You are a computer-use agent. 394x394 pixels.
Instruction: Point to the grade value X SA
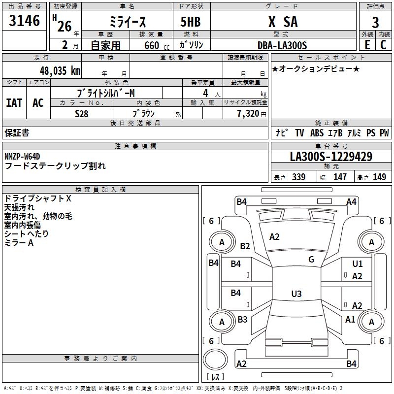pos(282,22)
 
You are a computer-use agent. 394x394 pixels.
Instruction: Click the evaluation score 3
pos(375,23)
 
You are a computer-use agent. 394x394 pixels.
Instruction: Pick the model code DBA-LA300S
pos(282,45)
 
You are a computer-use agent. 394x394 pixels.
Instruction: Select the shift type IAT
pos(14,103)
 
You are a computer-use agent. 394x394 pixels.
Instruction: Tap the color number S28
pos(82,113)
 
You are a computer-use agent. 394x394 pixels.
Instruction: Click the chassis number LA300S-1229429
pos(331,157)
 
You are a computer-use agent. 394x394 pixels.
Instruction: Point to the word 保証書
pos(17,133)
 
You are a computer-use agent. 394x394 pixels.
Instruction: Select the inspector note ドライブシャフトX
pos(37,198)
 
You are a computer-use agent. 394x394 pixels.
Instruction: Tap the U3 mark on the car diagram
pos(296,294)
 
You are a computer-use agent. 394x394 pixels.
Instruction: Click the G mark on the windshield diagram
pos(311,259)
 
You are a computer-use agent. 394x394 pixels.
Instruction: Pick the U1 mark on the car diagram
pos(358,264)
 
